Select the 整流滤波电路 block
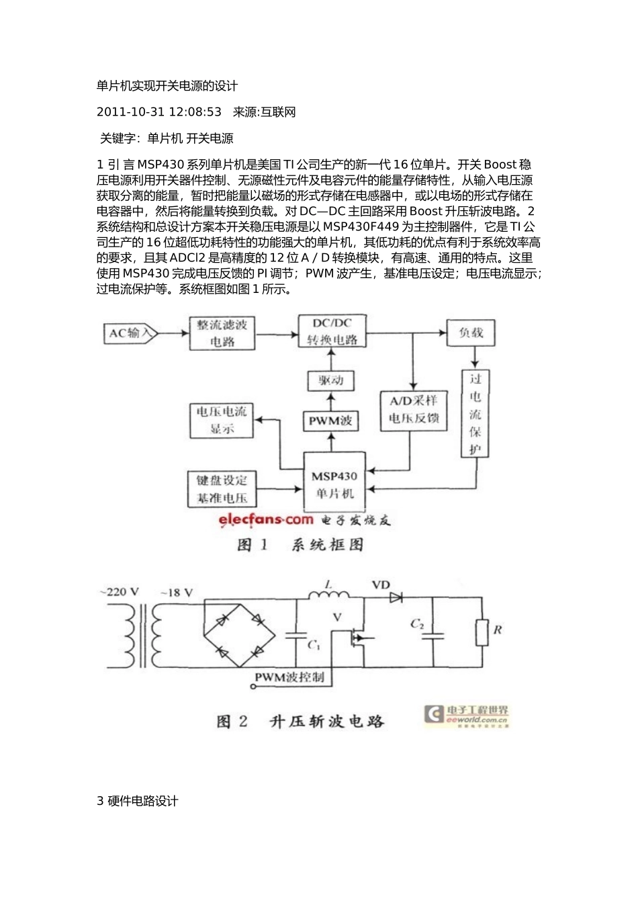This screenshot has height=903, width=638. click(x=222, y=333)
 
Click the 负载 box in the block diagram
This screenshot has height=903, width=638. click(x=471, y=332)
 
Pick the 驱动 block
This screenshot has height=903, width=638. click(x=331, y=381)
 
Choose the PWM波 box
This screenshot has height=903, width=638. click(x=330, y=421)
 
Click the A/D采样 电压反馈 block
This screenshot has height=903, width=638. click(x=413, y=410)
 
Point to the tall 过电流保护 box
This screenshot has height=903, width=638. click(x=475, y=414)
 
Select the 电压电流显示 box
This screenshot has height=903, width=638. click(x=222, y=420)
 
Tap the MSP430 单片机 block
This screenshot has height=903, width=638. click(x=334, y=484)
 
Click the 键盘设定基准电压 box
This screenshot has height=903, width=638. click(x=222, y=489)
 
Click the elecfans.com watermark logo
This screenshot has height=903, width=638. click(x=265, y=519)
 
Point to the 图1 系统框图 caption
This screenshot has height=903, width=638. click(x=300, y=544)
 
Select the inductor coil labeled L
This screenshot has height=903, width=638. click(x=328, y=595)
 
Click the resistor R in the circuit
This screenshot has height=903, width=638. click(x=481, y=631)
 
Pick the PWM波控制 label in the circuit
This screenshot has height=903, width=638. click(x=289, y=677)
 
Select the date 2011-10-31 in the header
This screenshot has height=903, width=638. click(x=128, y=112)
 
